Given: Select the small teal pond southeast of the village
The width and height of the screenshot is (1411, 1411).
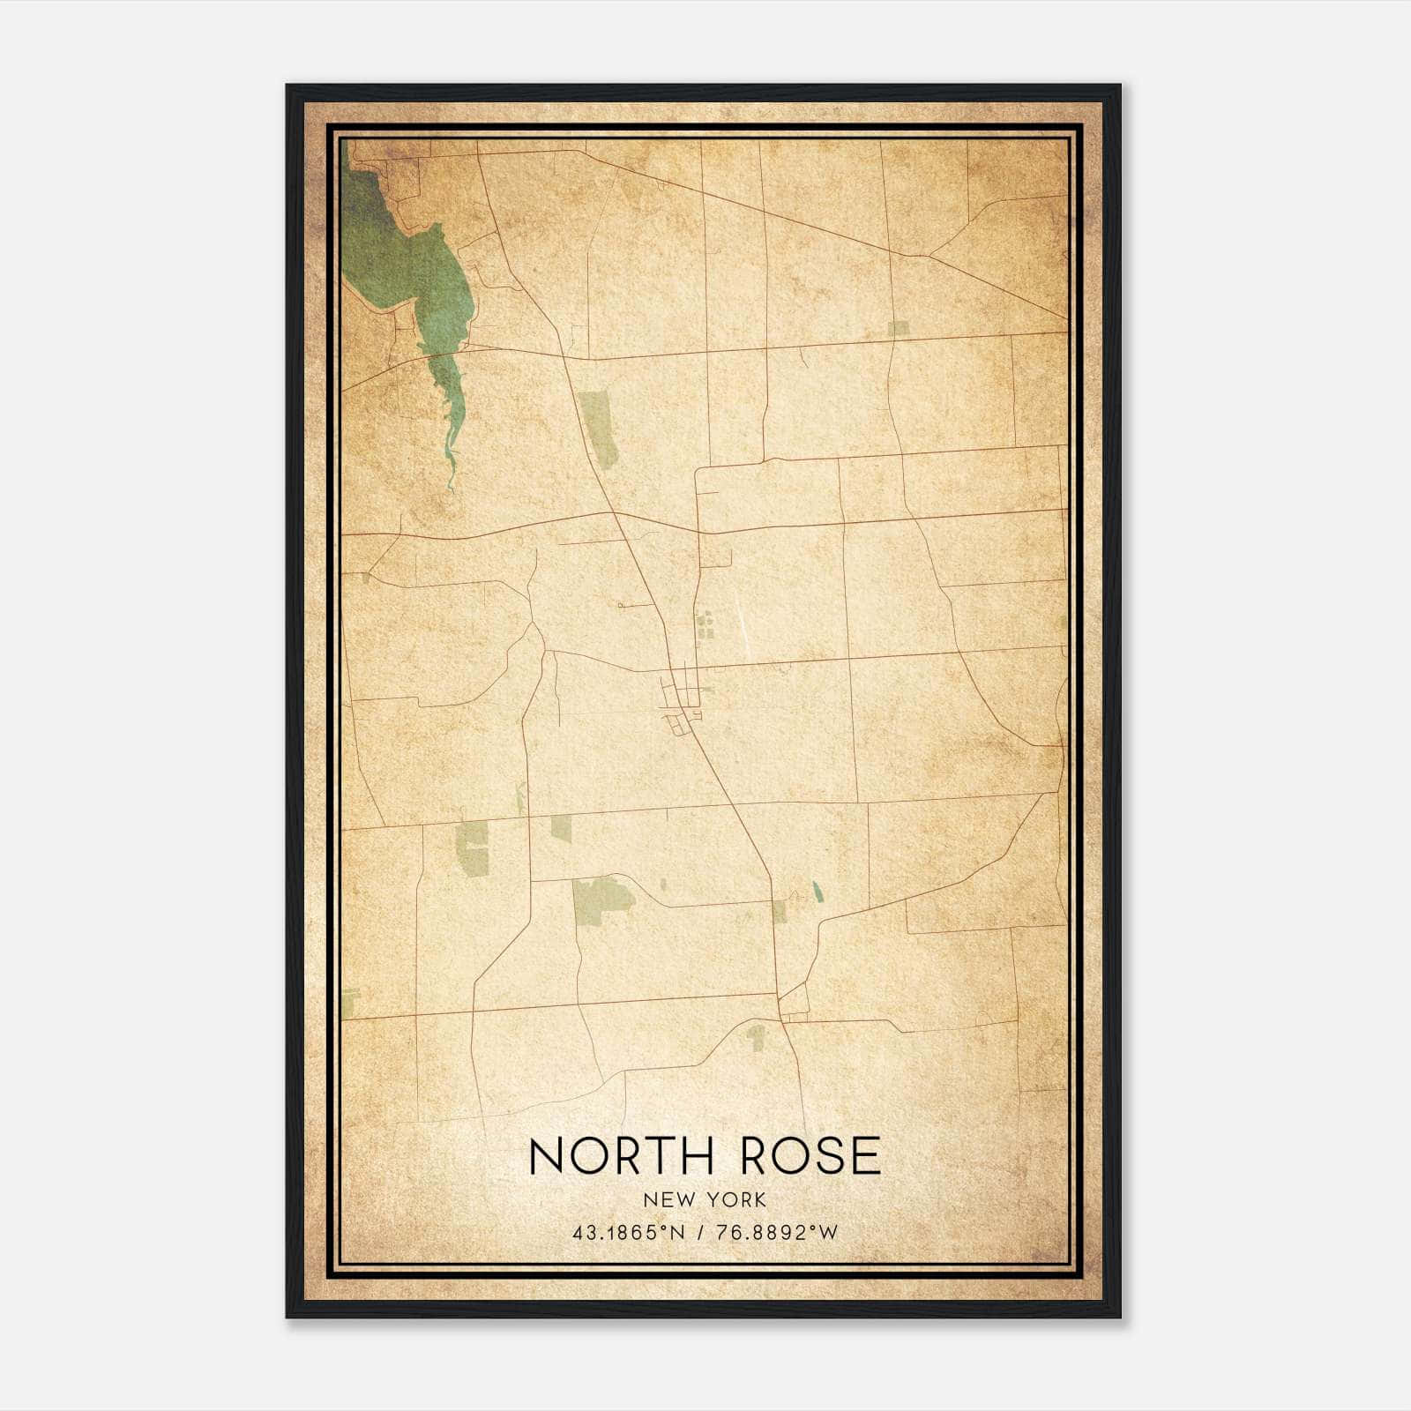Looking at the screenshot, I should click(x=817, y=892).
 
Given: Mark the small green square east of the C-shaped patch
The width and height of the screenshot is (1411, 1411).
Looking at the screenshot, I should click(x=561, y=826).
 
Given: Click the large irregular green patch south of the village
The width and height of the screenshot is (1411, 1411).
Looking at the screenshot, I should click(x=601, y=899).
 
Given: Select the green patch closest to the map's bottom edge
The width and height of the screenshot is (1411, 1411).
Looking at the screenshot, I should click(x=756, y=1037).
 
